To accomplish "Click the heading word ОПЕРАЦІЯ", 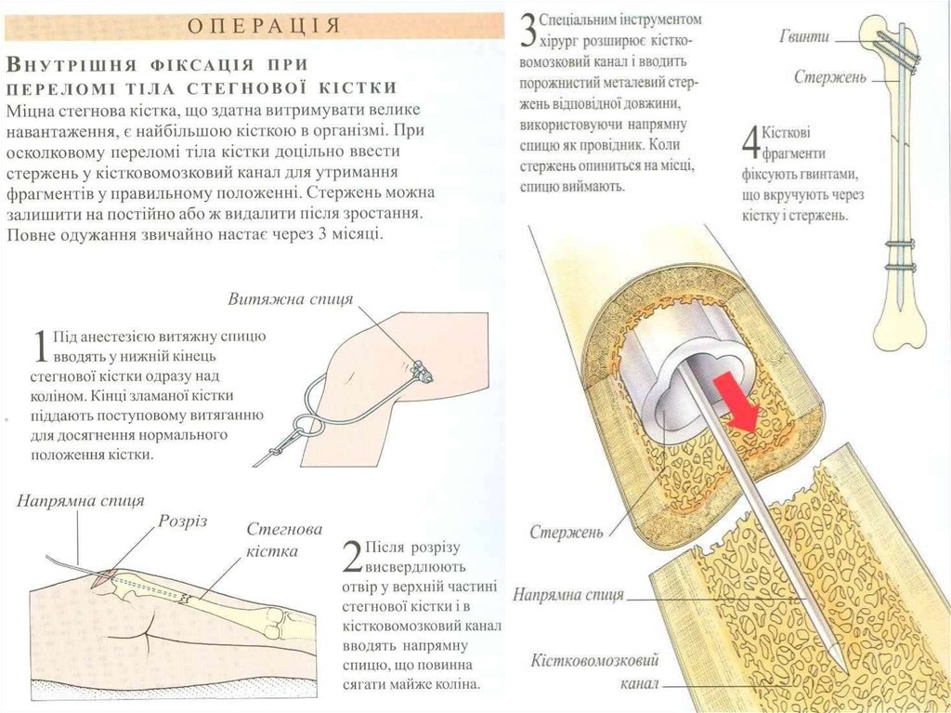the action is pyautogui.click(x=263, y=25).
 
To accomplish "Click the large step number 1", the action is pyautogui.click(x=41, y=347).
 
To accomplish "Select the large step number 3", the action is pyautogui.click(x=528, y=31).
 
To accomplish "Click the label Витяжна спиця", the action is pyautogui.click(x=291, y=299).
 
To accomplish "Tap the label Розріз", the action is pyautogui.click(x=183, y=522).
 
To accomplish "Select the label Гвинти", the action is pyautogui.click(x=804, y=37).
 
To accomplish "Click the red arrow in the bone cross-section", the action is pyautogui.click(x=736, y=405).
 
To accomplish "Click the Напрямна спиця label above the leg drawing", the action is pyautogui.click(x=81, y=501).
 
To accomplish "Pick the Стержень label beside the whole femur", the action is pyautogui.click(x=830, y=78).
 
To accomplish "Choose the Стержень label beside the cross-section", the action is pyautogui.click(x=567, y=533).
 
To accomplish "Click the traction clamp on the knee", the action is pyautogui.click(x=421, y=371).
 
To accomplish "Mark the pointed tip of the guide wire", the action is pyautogui.click(x=840, y=664).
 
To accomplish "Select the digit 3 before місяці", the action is pyautogui.click(x=321, y=234).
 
